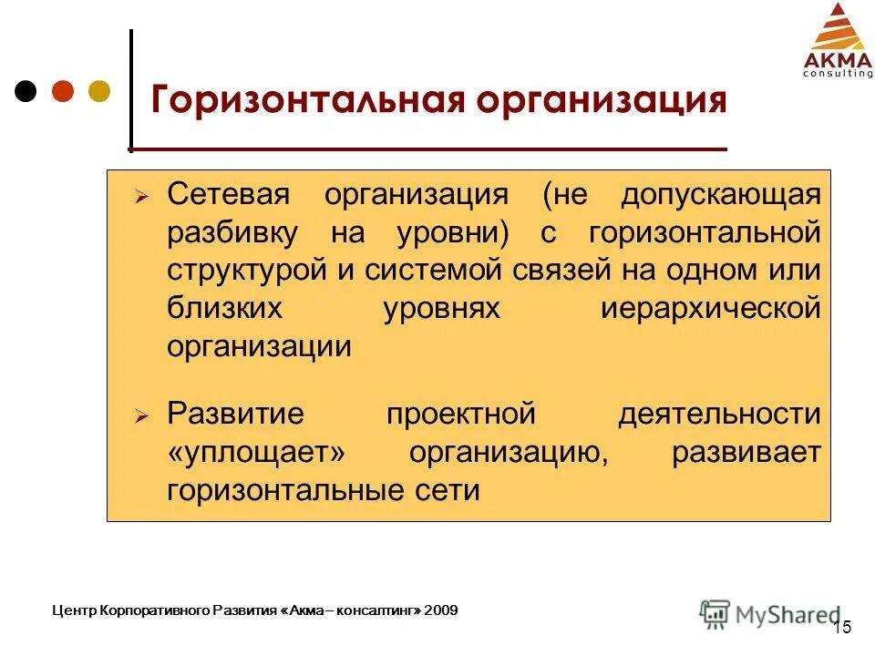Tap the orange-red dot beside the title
tap(63, 91)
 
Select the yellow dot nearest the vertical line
tap(98, 91)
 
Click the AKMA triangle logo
tap(837, 28)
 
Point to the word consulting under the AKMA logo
tap(837, 74)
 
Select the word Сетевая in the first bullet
tap(228, 194)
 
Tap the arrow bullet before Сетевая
tap(141, 196)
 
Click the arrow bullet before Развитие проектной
tap(141, 415)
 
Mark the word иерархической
tap(711, 309)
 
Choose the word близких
tap(224, 309)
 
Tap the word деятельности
tap(719, 415)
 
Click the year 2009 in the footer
tap(442, 610)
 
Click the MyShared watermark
tap(770, 613)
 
